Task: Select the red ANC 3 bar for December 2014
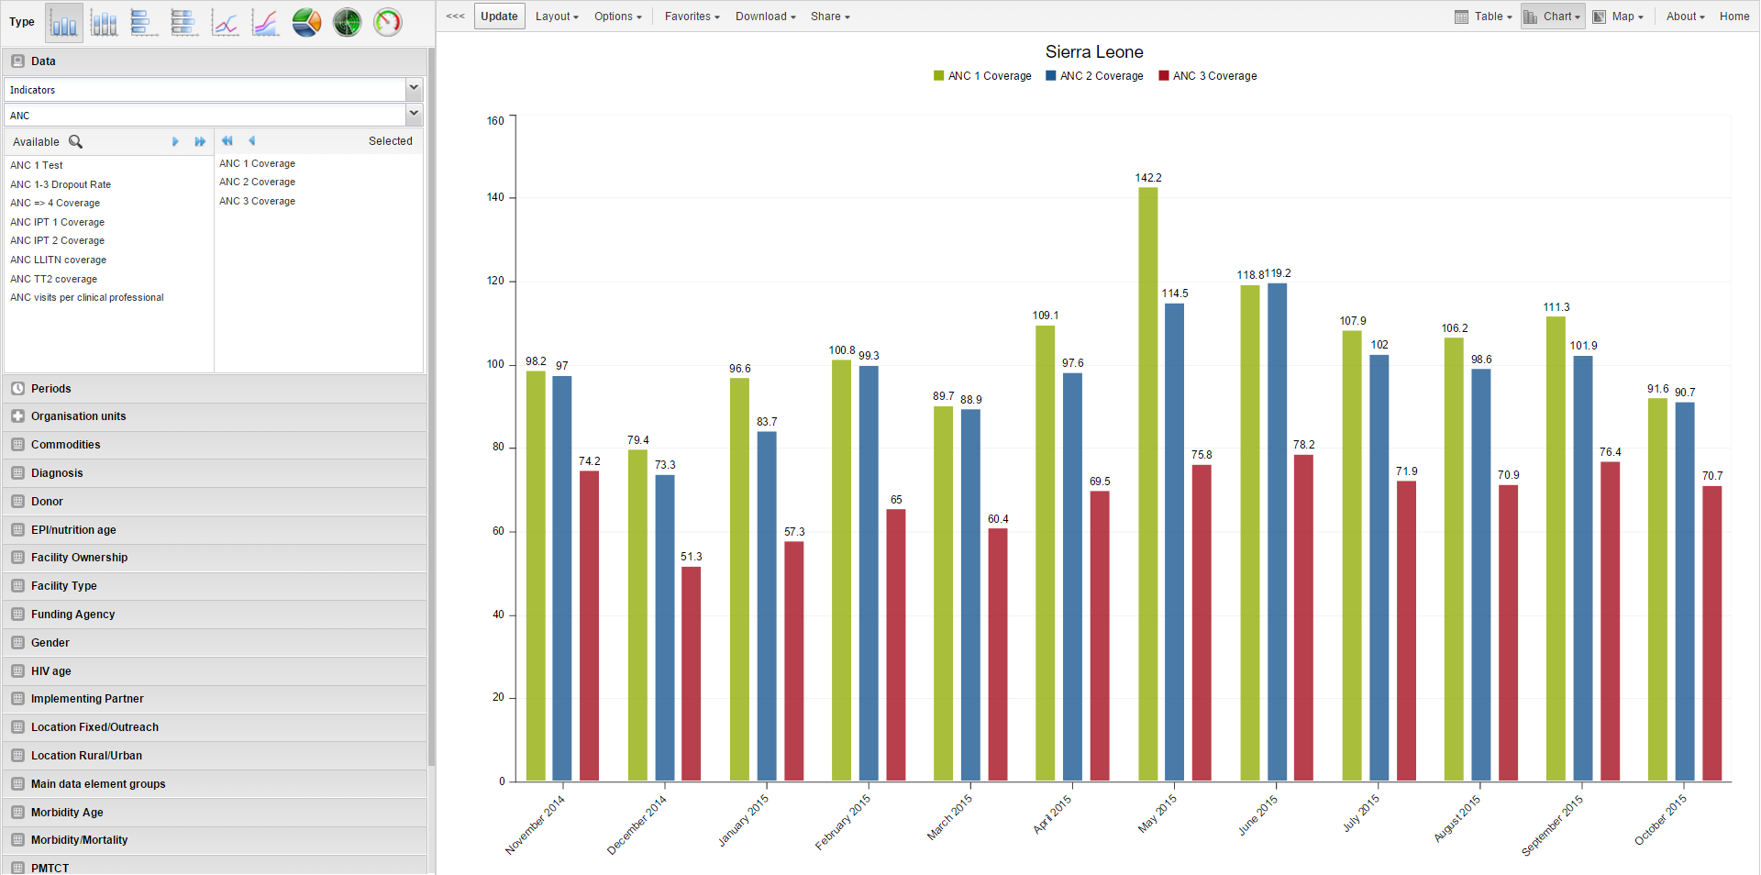click(691, 674)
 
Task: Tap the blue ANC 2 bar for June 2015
click(1277, 532)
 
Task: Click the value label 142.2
click(1147, 178)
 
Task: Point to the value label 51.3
click(691, 557)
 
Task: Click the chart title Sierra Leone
click(1093, 52)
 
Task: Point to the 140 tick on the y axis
click(495, 197)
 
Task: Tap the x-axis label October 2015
click(1660, 820)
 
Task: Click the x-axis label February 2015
click(843, 823)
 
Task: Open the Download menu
click(765, 17)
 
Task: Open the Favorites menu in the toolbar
click(692, 17)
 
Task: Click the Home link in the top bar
click(1733, 17)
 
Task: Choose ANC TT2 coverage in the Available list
click(53, 279)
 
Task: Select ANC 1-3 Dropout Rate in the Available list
click(61, 184)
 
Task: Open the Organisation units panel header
click(78, 416)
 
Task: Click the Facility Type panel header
click(63, 586)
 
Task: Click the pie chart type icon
click(306, 22)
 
